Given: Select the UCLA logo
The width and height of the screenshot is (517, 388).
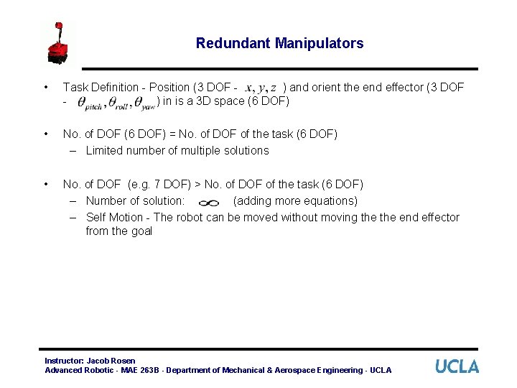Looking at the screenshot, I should [457, 366].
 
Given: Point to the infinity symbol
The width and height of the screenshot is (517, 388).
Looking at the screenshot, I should [208, 203].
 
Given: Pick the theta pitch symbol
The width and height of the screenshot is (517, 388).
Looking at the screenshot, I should [89, 103].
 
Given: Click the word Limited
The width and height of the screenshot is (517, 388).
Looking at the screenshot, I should [105, 150].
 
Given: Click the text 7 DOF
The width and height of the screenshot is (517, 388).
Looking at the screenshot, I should [169, 185].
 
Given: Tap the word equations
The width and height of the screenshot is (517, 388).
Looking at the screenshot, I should [330, 200].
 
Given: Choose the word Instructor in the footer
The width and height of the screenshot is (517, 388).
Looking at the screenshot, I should [64, 360].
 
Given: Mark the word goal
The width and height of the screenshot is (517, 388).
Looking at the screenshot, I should [141, 231].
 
